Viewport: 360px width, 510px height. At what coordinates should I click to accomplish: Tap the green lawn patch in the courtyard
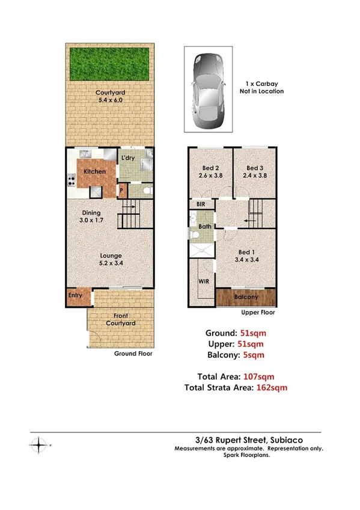pyautogui.click(x=110, y=64)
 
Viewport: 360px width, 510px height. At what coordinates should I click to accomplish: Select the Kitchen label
pyautogui.click(x=95, y=172)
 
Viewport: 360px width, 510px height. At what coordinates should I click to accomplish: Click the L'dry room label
pyautogui.click(x=128, y=158)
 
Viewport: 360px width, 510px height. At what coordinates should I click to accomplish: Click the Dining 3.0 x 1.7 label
pyautogui.click(x=91, y=217)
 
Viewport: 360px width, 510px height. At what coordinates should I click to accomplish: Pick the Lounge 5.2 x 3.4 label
pyautogui.click(x=111, y=260)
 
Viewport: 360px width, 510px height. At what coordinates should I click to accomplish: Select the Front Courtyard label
pyautogui.click(x=121, y=319)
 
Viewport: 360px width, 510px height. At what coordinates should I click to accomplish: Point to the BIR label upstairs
pyautogui.click(x=201, y=204)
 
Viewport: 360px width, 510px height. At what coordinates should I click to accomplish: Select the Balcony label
pyautogui.click(x=246, y=297)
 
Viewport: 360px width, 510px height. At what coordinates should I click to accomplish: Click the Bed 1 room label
pyautogui.click(x=246, y=255)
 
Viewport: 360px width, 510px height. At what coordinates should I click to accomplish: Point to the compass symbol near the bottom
pyautogui.click(x=40, y=446)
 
